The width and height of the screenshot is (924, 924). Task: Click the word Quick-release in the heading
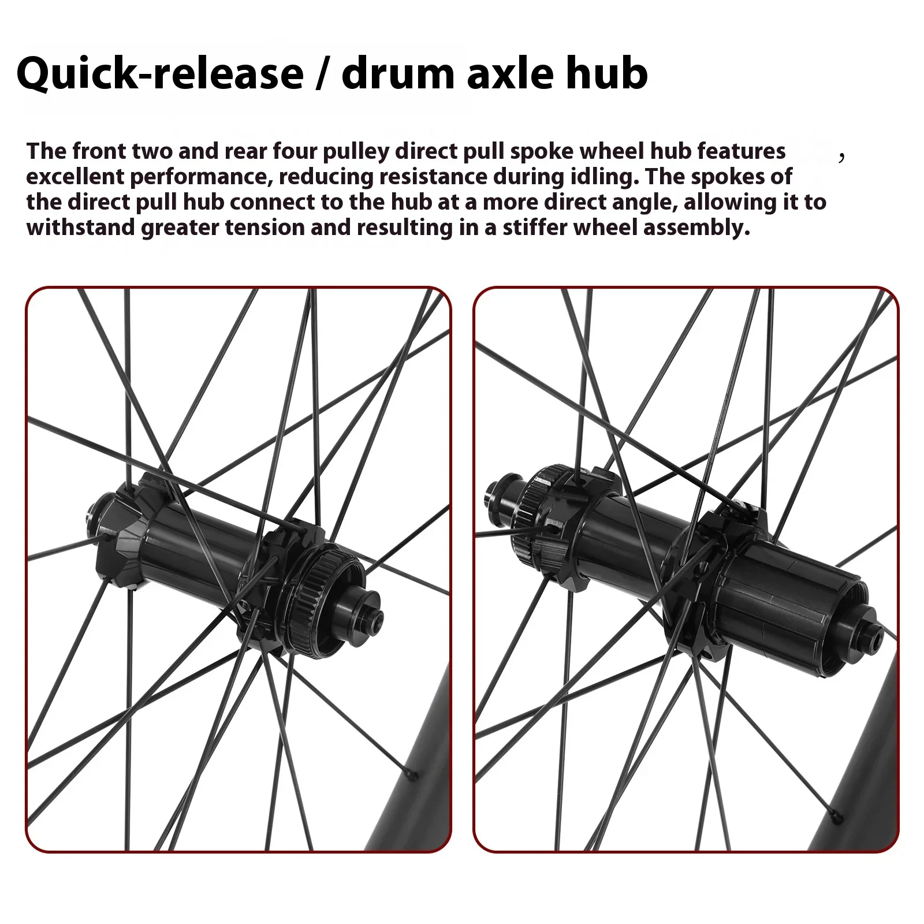160,74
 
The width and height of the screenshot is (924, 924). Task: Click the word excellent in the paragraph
74,177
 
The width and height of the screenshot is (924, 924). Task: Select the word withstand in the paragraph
80,228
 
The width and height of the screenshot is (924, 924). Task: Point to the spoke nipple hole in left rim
409,774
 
